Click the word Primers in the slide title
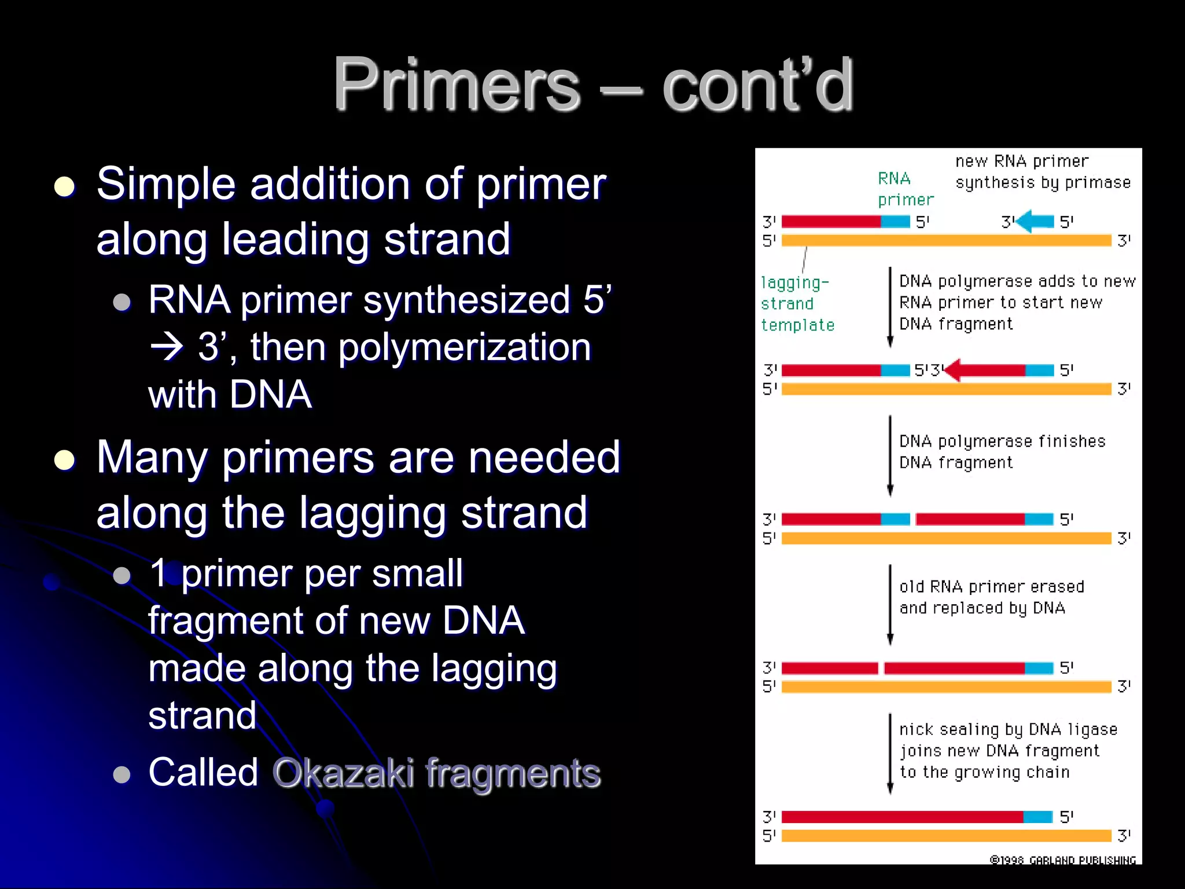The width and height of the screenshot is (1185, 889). [456, 86]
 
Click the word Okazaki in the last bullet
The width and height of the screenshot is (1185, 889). [343, 773]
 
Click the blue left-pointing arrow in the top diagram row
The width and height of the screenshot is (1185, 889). [1035, 222]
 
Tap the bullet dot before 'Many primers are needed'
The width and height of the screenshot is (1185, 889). [64, 460]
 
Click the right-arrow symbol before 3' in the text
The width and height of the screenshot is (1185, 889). [167, 348]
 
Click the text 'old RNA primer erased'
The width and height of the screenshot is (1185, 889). [991, 587]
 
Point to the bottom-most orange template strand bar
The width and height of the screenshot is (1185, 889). [945, 836]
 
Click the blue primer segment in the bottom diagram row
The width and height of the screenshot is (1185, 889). [1037, 817]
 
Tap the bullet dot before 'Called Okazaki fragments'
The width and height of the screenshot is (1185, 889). [122, 774]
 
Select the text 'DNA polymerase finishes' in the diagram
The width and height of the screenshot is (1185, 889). [1002, 442]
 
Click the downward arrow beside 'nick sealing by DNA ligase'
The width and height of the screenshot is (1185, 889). [890, 752]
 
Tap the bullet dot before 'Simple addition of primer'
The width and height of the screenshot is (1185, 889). [64, 187]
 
